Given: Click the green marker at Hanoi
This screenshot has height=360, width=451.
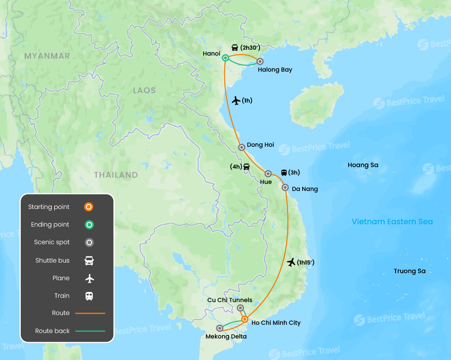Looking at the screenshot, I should point(225,58).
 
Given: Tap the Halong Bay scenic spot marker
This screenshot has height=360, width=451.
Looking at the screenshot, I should point(260,61).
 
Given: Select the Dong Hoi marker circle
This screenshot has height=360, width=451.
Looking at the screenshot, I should point(242,147).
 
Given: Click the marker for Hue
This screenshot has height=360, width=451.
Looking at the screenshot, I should point(268,173).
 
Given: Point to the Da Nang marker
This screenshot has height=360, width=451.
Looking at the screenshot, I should point(285,187).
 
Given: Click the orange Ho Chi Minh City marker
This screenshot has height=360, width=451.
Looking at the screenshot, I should point(245,319).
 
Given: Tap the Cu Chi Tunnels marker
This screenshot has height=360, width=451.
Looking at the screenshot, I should point(240,308).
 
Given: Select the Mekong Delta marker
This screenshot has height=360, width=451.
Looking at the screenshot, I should point(220,328).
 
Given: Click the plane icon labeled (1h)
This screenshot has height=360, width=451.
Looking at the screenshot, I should point(236,101).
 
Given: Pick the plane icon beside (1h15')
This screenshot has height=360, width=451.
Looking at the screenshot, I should point(291,262).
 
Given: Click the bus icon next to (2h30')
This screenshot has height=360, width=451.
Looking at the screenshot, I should point(235,48).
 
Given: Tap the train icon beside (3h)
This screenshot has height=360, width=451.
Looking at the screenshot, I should point(284,172).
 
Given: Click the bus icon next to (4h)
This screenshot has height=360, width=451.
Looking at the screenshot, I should point(246,166).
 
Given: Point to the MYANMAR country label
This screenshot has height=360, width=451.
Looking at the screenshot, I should point(47,56).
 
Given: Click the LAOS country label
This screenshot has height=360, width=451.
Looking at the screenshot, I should point(144,90).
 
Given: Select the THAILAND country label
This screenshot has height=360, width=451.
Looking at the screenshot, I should point(116,175).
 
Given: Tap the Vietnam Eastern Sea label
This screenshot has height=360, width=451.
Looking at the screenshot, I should point(392,222).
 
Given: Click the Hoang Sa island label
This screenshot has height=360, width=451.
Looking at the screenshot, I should point(363,165).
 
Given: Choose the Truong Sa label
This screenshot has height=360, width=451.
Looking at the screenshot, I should point(410,271).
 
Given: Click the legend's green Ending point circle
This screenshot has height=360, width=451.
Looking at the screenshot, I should point(89,225).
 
